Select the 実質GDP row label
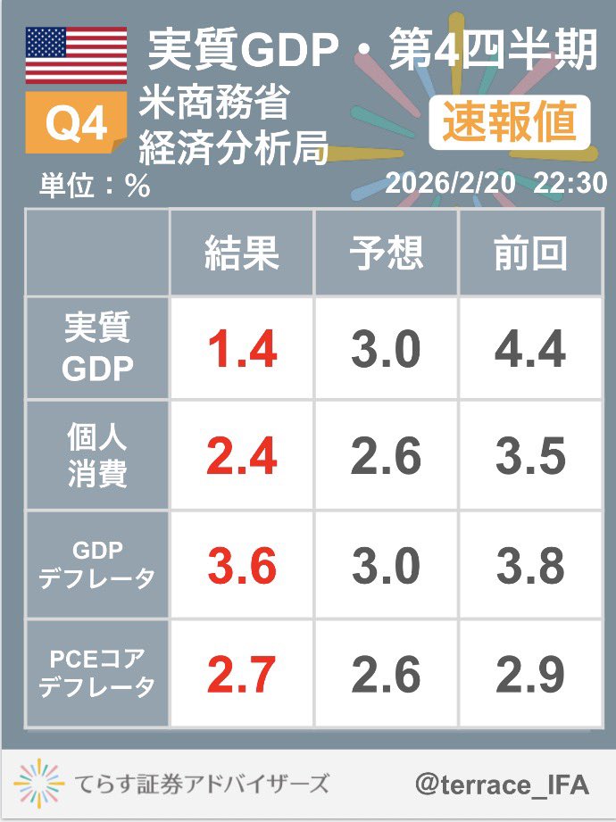(97, 348)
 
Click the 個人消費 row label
(97, 456)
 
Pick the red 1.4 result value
(242, 349)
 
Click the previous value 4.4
(530, 349)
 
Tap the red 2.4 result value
(242, 457)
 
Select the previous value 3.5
(530, 457)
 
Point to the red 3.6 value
(242, 566)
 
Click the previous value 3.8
(530, 566)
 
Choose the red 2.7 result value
(242, 676)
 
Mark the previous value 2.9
(530, 676)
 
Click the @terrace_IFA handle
(503, 785)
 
